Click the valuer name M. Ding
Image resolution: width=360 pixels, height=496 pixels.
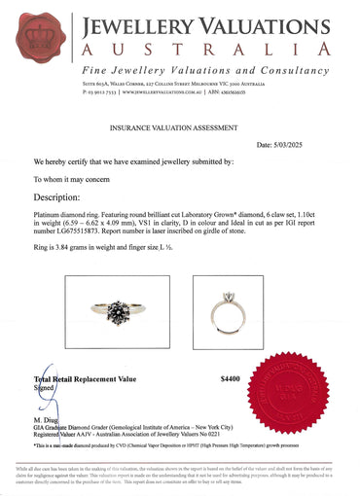point(49,417)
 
